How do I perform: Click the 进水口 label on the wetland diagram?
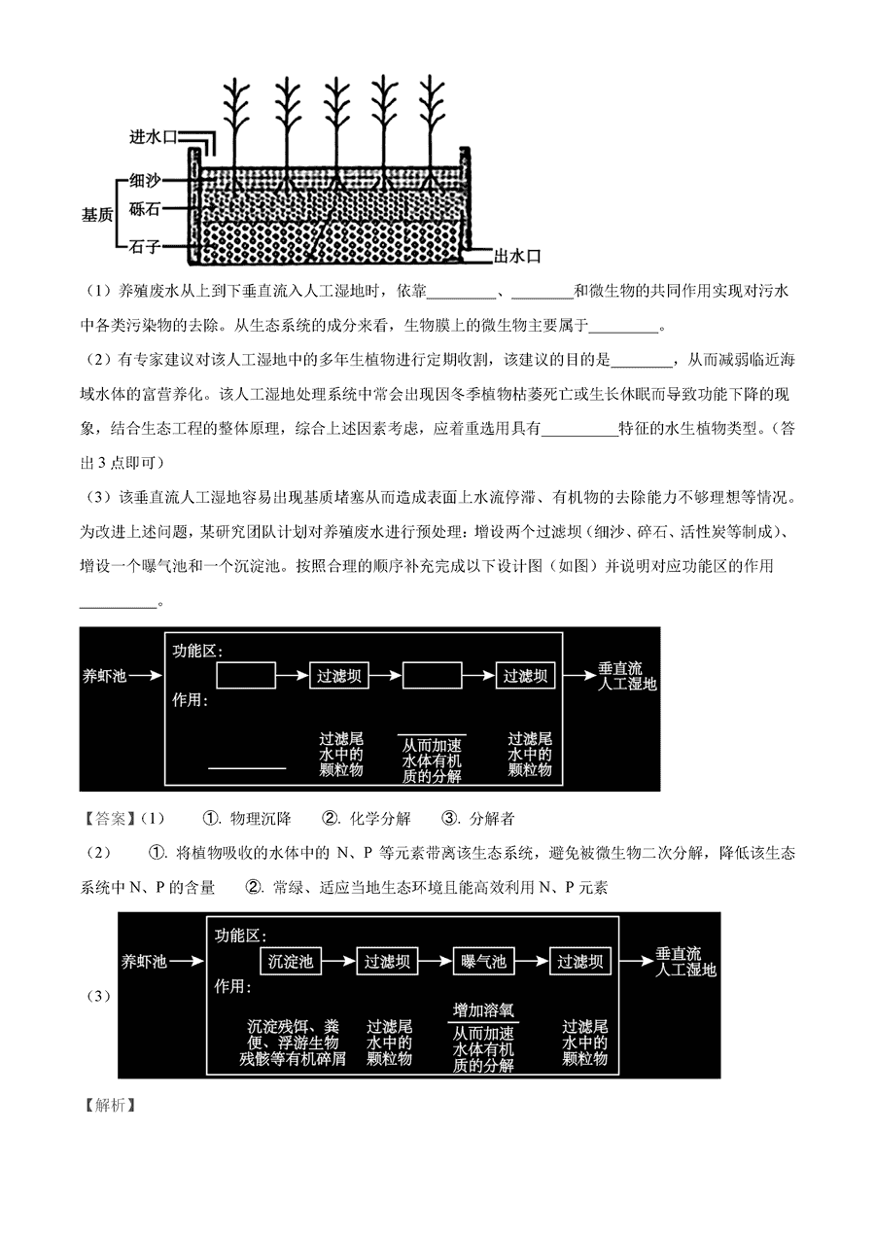153,136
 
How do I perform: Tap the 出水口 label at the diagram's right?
516,256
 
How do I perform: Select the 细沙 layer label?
145,180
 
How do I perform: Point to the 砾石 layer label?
145,209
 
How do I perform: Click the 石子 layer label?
145,246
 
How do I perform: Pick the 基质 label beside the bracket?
97,215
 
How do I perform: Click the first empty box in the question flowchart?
246,675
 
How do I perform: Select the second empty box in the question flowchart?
432,675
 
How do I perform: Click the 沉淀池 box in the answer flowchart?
291,962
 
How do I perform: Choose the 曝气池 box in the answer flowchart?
483,962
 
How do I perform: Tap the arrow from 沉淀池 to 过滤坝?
338,962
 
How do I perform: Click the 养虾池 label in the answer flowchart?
144,962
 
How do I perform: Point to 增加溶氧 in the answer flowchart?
483,1010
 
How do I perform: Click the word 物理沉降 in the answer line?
261,819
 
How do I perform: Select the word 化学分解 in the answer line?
380,819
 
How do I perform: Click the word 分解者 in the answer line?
492,819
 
